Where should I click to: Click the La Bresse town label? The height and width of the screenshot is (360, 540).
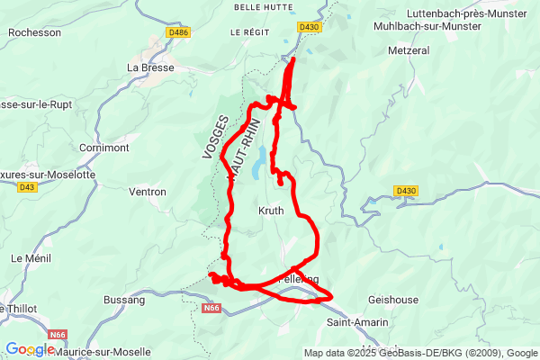pyautogui.click(x=150, y=67)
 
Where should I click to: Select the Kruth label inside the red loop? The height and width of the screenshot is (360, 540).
pyautogui.click(x=271, y=211)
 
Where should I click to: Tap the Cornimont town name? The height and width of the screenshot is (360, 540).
pyautogui.click(x=104, y=147)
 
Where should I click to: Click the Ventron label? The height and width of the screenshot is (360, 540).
pyautogui.click(x=148, y=192)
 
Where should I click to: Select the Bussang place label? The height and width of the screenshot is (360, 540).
pyautogui.click(x=124, y=299)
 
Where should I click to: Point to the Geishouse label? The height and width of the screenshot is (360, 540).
pyautogui.click(x=392, y=299)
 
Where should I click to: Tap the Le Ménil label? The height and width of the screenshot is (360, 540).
pyautogui.click(x=28, y=257)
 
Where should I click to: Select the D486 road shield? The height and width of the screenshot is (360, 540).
pyautogui.click(x=179, y=32)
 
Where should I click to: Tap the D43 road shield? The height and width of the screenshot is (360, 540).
pyautogui.click(x=27, y=187)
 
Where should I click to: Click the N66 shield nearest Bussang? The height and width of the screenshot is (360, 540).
pyautogui.click(x=211, y=309)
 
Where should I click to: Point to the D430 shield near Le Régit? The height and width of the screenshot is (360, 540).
pyautogui.click(x=310, y=27)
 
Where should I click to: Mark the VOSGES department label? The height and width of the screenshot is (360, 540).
pyautogui.click(x=216, y=138)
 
